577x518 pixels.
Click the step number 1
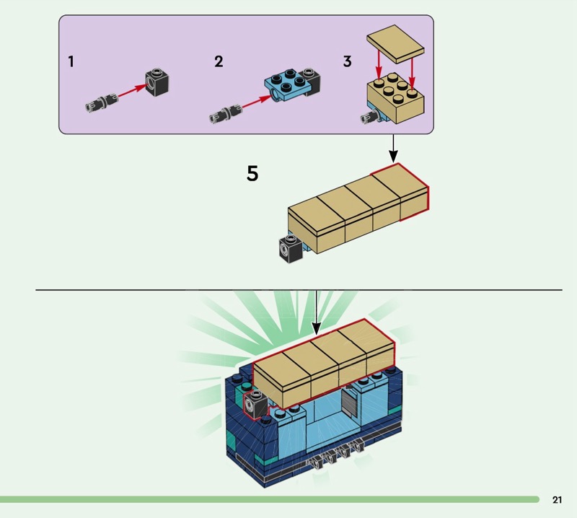(x=71, y=61)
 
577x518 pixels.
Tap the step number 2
(x=219, y=61)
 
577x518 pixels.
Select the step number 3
(x=348, y=61)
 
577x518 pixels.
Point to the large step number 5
(x=252, y=173)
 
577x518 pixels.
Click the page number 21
(x=557, y=499)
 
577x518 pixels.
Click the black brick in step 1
(x=157, y=82)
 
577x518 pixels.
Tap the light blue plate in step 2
(x=287, y=87)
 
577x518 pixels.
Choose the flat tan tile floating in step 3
(x=395, y=43)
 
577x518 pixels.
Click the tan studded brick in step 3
(x=395, y=97)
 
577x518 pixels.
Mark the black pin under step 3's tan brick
(x=371, y=118)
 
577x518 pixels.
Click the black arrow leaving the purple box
(x=393, y=149)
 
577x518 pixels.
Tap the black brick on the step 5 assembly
(x=291, y=248)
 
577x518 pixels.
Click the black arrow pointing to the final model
(x=316, y=313)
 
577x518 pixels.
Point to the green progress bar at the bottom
(x=270, y=499)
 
